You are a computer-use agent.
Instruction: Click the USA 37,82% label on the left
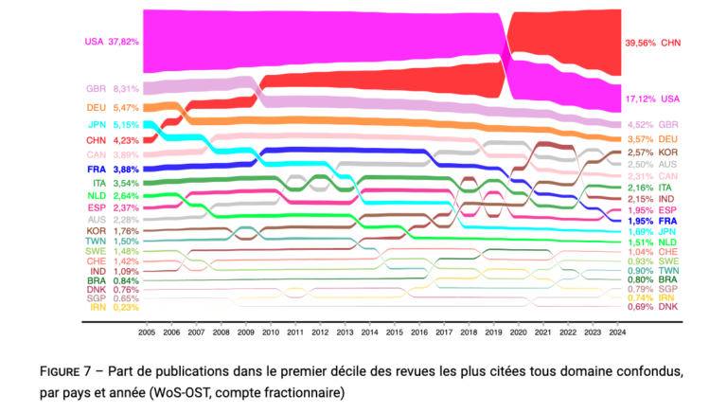pyautogui.click(x=112, y=42)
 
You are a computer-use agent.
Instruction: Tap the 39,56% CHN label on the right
pyautogui.click(x=653, y=44)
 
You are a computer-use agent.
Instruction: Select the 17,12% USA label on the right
pyautogui.click(x=652, y=99)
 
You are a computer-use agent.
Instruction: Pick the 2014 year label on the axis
pyautogui.click(x=369, y=332)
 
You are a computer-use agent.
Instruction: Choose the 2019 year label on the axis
pyautogui.click(x=493, y=332)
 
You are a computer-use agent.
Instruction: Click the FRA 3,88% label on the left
pyautogui.click(x=113, y=170)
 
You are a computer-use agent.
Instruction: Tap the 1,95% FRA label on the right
pyautogui.click(x=652, y=222)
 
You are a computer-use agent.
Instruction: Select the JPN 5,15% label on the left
pyautogui.click(x=114, y=125)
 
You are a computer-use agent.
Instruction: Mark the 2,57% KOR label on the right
pyautogui.click(x=652, y=153)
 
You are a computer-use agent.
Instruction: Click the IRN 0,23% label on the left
pyautogui.click(x=115, y=307)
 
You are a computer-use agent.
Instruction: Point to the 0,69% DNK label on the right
pyautogui.click(x=652, y=307)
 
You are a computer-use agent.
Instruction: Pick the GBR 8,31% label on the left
pyautogui.click(x=113, y=89)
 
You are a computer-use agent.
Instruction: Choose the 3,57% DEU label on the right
pyautogui.click(x=652, y=139)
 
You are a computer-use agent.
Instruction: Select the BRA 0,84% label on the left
pyautogui.click(x=114, y=280)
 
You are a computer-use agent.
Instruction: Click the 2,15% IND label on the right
pyautogui.click(x=652, y=199)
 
